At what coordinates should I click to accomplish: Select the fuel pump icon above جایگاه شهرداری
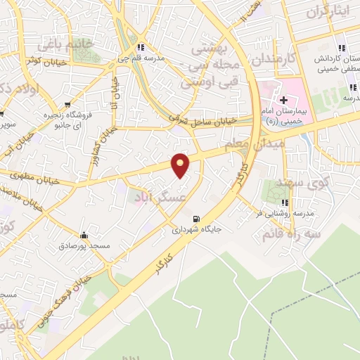(195, 218)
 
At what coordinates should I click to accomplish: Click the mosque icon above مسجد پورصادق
(84, 236)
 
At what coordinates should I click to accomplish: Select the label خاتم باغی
(56, 45)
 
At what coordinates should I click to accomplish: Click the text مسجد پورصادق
(84, 247)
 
